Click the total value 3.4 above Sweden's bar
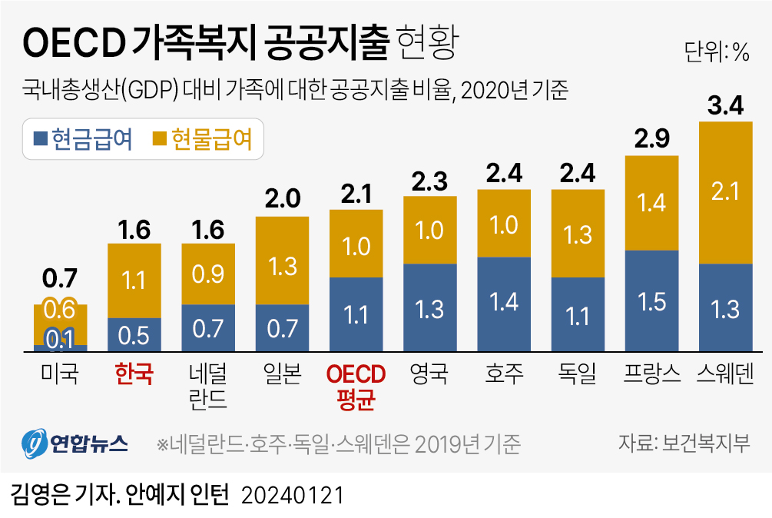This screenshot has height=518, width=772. (x=725, y=107)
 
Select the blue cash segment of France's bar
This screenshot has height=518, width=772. (x=652, y=301)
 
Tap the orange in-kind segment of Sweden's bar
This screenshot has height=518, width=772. (x=725, y=192)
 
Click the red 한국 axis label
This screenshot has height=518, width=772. (x=134, y=374)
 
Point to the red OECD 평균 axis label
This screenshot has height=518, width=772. (x=356, y=386)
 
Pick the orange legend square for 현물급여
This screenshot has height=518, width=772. (x=159, y=139)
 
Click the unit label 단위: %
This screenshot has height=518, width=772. (x=716, y=52)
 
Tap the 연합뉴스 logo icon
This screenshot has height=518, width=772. (x=34, y=443)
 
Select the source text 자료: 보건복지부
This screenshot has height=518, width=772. (x=684, y=443)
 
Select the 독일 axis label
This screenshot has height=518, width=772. (x=578, y=374)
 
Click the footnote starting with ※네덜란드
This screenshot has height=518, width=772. (x=338, y=444)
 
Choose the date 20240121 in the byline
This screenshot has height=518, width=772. (x=291, y=495)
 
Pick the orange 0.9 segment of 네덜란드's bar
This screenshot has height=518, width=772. (x=208, y=274)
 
